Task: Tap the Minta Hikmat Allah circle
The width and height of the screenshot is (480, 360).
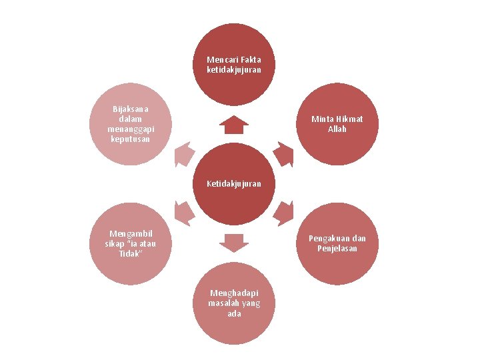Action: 337,124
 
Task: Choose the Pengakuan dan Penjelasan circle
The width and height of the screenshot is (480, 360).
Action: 337,243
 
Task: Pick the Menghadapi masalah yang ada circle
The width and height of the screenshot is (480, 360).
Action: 233,304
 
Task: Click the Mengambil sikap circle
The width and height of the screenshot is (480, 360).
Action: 129,243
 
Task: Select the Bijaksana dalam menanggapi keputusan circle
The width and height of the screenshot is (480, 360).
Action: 129,124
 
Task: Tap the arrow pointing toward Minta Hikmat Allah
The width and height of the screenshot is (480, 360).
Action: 284,155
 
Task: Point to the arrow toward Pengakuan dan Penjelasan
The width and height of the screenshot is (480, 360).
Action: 284,212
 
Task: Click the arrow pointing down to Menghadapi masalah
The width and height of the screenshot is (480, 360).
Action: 233,242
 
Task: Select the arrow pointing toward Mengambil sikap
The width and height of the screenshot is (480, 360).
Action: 183,212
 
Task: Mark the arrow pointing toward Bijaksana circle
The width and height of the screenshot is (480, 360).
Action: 183,155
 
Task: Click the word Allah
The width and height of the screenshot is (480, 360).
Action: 337,129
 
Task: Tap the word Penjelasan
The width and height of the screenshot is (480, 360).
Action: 337,249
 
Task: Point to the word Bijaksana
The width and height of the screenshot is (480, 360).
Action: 131,108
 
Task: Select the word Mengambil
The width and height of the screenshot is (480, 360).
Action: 131,233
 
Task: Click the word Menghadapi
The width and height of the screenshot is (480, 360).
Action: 234,293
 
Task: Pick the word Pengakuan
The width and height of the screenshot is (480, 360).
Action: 328,239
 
